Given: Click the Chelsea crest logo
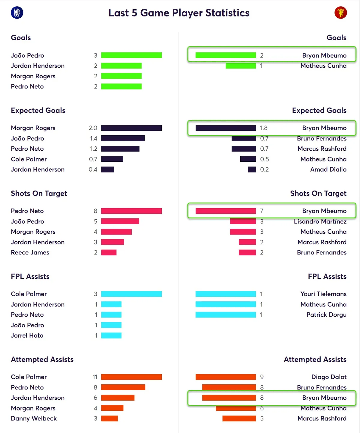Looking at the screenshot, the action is pyautogui.click(x=17, y=13).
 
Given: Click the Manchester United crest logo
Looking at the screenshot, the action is pyautogui.click(x=340, y=13).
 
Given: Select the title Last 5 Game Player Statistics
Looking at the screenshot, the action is pyautogui.click(x=179, y=13).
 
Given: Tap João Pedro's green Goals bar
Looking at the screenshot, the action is pyautogui.click(x=131, y=56).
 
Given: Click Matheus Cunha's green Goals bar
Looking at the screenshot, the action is pyautogui.click(x=241, y=66).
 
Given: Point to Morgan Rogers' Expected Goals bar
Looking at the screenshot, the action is pyautogui.click(x=131, y=128).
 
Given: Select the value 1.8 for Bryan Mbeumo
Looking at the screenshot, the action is pyautogui.click(x=264, y=128).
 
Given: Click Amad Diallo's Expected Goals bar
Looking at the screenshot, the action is pyautogui.click(x=252, y=170).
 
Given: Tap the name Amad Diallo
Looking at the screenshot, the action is pyautogui.click(x=328, y=170).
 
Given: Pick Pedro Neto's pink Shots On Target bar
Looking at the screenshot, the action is pyautogui.click(x=131, y=211).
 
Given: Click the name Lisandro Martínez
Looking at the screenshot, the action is pyautogui.click(x=320, y=221).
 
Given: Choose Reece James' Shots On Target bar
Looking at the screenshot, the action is pyautogui.click(x=109, y=252).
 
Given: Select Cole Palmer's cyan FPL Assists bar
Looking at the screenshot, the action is pyautogui.click(x=131, y=294).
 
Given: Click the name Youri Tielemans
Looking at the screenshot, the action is pyautogui.click(x=323, y=294).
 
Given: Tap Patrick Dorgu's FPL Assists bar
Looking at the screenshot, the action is pyautogui.click(x=226, y=314).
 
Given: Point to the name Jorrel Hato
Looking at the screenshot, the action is pyautogui.click(x=27, y=335).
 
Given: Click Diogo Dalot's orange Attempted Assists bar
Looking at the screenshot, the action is pyautogui.click(x=226, y=377).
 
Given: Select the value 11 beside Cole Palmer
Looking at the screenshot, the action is pyautogui.click(x=95, y=377).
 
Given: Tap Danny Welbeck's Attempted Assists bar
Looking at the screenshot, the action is pyautogui.click(x=109, y=418).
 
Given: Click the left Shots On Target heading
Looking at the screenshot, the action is pyautogui.click(x=39, y=193).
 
